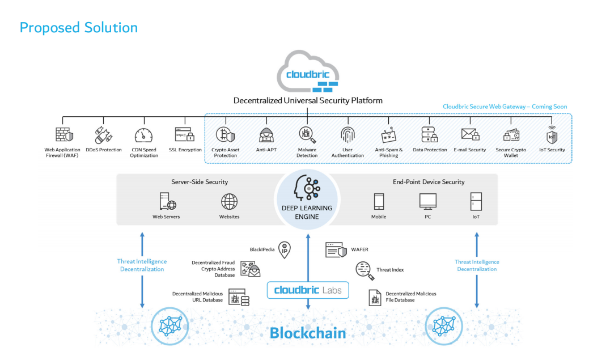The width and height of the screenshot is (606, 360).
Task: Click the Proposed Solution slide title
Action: [78, 27]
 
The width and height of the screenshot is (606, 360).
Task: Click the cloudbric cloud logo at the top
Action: [307, 73]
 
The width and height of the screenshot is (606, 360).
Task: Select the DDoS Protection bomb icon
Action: [103, 135]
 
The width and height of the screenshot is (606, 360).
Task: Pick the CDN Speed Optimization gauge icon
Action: [143, 135]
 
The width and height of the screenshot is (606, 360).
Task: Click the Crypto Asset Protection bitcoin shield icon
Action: [225, 135]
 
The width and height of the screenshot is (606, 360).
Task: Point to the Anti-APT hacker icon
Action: [266, 135]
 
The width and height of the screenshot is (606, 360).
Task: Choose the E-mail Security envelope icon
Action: [470, 135]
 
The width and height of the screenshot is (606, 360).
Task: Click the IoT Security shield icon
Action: [552, 135]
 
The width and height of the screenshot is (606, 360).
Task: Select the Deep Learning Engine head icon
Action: [307, 188]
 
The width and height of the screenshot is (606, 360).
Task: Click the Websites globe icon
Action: [229, 201]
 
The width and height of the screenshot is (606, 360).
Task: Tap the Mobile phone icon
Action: [379, 201]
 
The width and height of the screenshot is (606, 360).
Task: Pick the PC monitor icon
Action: [427, 201]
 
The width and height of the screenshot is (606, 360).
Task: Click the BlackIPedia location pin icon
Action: [284, 250]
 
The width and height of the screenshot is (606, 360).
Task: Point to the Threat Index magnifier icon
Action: [363, 269]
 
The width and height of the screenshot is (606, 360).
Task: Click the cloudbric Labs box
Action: [308, 290]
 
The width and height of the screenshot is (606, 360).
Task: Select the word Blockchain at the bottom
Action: [308, 332]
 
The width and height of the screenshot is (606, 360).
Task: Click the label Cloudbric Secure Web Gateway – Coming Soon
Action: [505, 107]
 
